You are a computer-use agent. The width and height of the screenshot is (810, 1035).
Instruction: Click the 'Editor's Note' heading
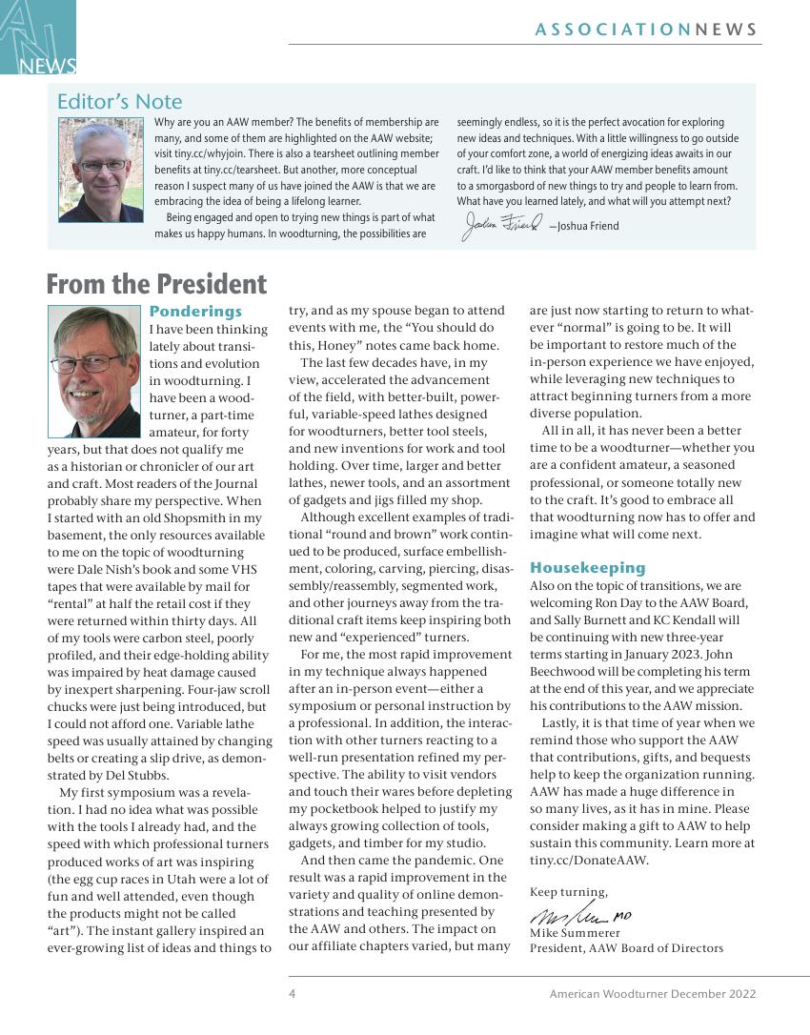pos(119,102)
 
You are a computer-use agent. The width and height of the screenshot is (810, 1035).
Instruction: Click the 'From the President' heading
pos(156,284)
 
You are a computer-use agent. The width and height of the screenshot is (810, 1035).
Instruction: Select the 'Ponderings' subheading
pos(195,312)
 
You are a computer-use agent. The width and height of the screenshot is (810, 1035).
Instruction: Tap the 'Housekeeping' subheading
pos(587,568)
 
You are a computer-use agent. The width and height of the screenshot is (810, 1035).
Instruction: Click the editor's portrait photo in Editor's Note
pos(100,170)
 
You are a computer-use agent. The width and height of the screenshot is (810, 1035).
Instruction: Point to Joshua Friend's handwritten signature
pos(501,225)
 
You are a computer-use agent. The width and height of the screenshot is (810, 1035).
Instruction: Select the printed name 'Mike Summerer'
pos(576,933)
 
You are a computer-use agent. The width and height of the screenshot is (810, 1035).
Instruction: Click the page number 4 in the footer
pos(293,994)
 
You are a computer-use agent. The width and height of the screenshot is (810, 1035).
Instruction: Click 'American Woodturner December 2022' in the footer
pos(653,994)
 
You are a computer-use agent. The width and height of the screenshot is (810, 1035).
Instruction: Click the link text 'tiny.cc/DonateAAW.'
pos(589,861)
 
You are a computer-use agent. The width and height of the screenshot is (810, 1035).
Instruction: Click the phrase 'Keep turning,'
pos(568,892)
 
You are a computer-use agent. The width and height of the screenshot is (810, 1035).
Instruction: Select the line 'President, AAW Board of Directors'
pos(626,948)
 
